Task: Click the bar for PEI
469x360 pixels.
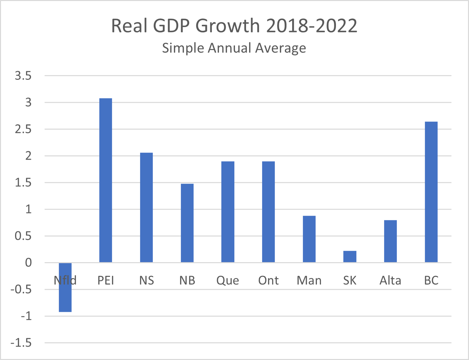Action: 106,180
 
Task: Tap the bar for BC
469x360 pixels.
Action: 431,192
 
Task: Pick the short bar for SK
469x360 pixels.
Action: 350,256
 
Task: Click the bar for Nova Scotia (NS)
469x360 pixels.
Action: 146,207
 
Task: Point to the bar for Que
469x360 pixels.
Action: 228,212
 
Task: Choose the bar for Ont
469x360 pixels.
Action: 268,212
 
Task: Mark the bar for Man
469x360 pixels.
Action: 309,239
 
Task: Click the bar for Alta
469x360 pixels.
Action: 390,241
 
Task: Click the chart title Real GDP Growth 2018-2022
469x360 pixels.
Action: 234,26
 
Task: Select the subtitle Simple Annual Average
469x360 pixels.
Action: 234,48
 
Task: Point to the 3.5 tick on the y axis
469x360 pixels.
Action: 23,76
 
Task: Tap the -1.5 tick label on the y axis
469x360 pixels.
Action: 21,343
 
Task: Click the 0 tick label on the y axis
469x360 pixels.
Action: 28,262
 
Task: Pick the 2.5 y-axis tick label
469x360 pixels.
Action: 23,129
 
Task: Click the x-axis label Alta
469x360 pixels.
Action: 390,281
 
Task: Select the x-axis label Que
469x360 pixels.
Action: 228,281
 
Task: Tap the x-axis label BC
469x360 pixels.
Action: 431,281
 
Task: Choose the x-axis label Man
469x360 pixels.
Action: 309,281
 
